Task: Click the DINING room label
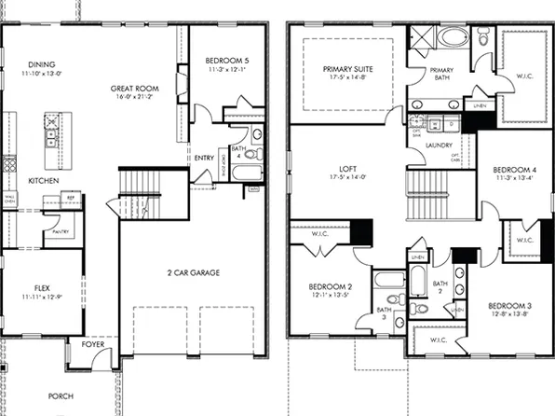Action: tap(41, 63)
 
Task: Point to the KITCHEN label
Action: tap(44, 180)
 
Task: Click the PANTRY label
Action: tap(61, 231)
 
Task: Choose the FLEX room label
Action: tap(42, 289)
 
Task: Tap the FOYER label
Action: tap(92, 343)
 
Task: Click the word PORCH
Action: tap(61, 395)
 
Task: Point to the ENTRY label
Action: tap(204, 158)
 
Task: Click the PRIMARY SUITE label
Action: tap(346, 69)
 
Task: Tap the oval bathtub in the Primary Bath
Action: tap(455, 38)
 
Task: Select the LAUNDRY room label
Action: tap(439, 146)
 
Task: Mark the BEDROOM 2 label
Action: tap(329, 286)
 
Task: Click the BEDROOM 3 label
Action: tap(508, 306)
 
